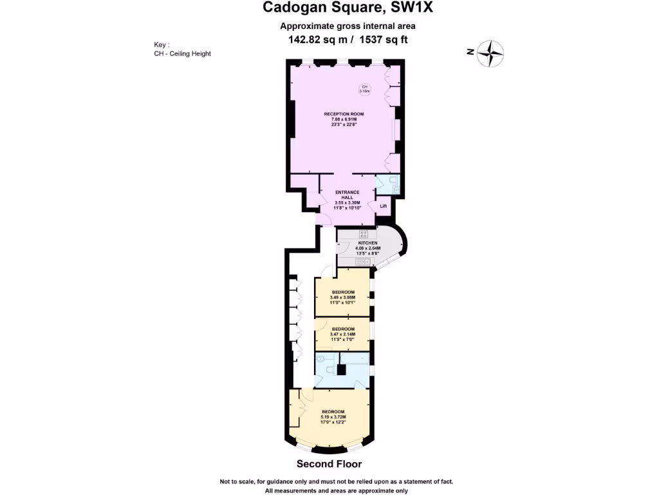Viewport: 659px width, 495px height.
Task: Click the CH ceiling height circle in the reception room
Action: point(364,89)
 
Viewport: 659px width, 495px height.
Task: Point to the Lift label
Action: point(383,206)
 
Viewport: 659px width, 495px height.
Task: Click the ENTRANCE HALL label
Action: point(348,195)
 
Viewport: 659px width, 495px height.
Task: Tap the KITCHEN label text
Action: point(367,243)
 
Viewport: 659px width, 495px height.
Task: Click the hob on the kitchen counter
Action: point(364,234)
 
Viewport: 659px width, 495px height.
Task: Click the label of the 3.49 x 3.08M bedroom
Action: point(343,292)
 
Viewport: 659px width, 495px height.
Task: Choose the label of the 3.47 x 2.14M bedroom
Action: point(342,329)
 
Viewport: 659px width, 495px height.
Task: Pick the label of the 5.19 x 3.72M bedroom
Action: point(333,412)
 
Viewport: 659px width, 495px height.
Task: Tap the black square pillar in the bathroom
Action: point(342,370)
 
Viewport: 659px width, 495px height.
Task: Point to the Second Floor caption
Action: point(329,464)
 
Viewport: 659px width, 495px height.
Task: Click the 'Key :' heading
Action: point(162,44)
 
